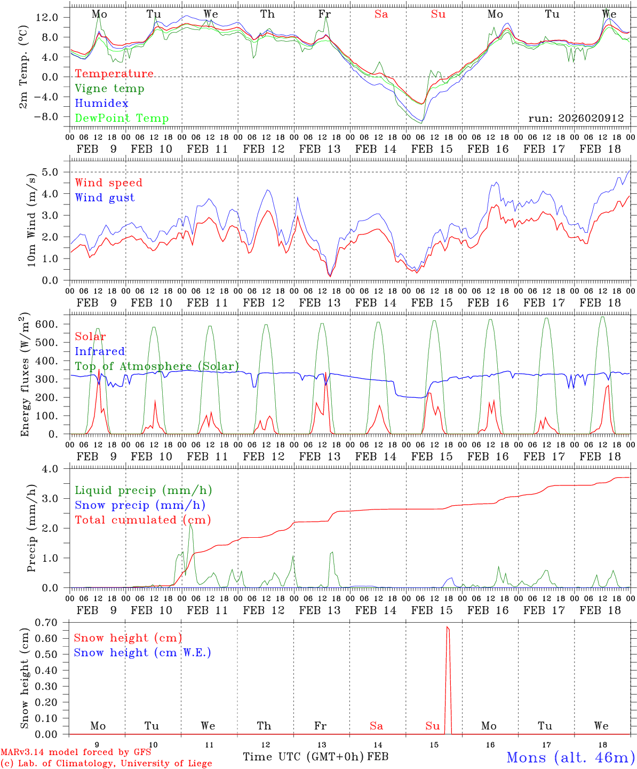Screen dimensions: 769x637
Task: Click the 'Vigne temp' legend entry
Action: tap(109, 89)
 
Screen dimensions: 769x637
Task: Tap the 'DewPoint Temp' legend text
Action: tap(122, 119)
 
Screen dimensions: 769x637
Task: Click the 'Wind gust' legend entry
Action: tap(105, 198)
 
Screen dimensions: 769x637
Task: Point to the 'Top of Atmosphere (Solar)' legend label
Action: tap(157, 366)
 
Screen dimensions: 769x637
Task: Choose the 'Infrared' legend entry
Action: tap(100, 351)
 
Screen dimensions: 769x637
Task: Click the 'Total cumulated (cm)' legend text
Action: tap(142, 520)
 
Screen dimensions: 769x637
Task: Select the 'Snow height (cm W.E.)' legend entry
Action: tap(142, 653)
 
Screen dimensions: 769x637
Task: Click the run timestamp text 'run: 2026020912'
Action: tap(576, 118)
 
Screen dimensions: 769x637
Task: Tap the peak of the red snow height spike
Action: tap(447, 627)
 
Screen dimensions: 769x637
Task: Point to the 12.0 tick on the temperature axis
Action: tap(47, 17)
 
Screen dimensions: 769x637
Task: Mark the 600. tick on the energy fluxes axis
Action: tap(46, 324)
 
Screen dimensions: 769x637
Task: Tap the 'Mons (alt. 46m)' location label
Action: tap(570, 757)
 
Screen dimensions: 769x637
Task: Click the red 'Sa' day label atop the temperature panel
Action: tap(381, 14)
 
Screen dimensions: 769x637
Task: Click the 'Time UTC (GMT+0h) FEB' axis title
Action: tap(315, 757)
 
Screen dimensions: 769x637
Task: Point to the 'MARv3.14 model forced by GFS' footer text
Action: tap(75, 752)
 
